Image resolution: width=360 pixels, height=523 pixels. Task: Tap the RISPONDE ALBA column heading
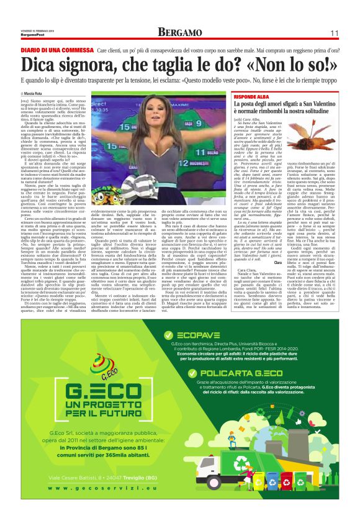(252, 97)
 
